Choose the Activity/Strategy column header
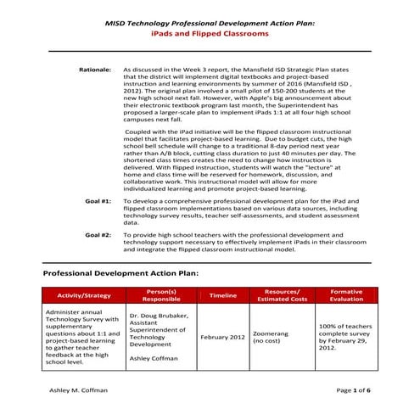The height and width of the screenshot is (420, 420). click(83, 295)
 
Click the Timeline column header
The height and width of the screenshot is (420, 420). click(222, 295)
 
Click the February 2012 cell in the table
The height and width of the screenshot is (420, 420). click(222, 337)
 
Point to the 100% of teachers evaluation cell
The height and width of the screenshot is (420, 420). click(344, 337)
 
